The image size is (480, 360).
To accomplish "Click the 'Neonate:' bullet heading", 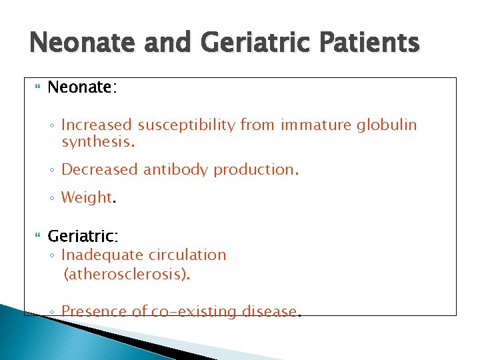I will [82, 87].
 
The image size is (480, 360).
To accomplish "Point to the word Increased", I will [97, 125].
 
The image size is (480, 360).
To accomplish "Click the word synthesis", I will [97, 142].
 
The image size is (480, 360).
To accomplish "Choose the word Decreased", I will [100, 170].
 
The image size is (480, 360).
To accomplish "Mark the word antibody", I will [176, 170].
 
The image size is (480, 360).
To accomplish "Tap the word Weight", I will [87, 197].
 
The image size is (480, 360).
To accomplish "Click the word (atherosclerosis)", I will [127, 274].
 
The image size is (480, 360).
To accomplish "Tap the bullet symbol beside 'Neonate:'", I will [36, 88].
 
